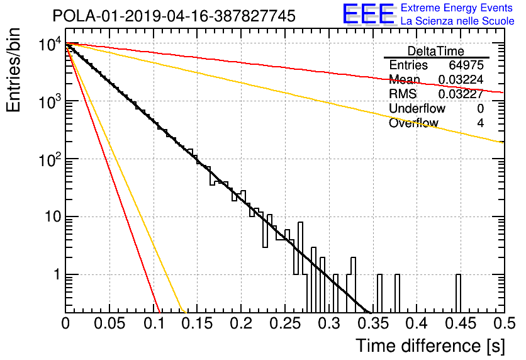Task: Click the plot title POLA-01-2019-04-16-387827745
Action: pyautogui.click(x=174, y=16)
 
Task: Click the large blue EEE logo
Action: pyautogui.click(x=368, y=14)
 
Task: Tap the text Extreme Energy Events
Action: pyautogui.click(x=457, y=8)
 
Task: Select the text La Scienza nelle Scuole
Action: pyautogui.click(x=457, y=21)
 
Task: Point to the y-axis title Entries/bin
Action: pyautogui.click(x=13, y=70)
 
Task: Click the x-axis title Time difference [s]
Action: pyautogui.click(x=430, y=346)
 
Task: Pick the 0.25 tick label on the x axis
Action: pyautogui.click(x=285, y=323)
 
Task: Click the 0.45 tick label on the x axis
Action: pyautogui.click(x=461, y=323)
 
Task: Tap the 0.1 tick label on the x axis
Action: pyautogui.click(x=154, y=323)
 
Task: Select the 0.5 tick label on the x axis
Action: pyautogui.click(x=504, y=323)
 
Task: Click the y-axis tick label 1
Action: pyautogui.click(x=57, y=275)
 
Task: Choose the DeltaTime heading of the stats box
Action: pyautogui.click(x=436, y=51)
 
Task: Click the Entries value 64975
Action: pyautogui.click(x=466, y=65)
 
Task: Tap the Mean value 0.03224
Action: pyautogui.click(x=461, y=79)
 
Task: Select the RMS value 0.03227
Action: pyautogui.click(x=461, y=94)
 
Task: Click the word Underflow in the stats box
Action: pyautogui.click(x=417, y=108)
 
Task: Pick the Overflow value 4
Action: pyautogui.click(x=480, y=123)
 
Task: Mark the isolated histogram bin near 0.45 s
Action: pyautogui.click(x=458, y=293)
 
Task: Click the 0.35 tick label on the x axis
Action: pyautogui.click(x=372, y=323)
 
